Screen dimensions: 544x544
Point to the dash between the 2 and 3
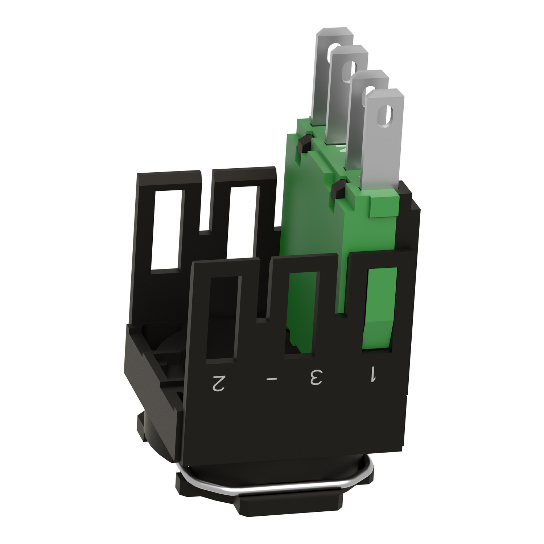pyautogui.click(x=272, y=379)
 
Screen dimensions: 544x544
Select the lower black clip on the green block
pyautogui.click(x=339, y=190)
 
